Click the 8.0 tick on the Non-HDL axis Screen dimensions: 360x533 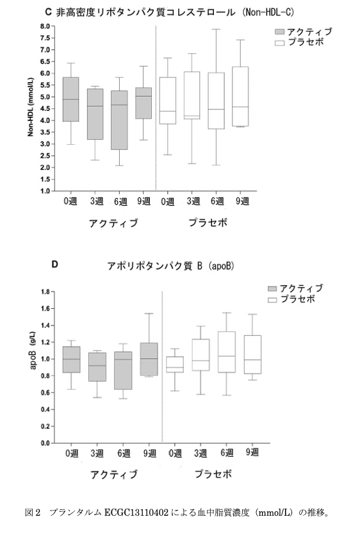45,26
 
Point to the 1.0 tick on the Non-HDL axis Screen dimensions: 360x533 45,191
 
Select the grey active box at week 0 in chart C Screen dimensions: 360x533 70,99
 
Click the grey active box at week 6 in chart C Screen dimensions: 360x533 119,120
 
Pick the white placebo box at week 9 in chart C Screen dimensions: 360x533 240,97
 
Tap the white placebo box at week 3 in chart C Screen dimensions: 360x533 192,95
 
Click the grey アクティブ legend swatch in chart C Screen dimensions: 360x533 279,31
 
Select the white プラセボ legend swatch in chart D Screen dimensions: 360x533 273,300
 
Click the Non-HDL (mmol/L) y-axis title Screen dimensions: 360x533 31,107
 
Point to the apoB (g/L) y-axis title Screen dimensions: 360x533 33,350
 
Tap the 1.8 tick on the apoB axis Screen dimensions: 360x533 45,291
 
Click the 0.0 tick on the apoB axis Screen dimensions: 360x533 45,443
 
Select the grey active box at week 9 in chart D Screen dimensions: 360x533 149,359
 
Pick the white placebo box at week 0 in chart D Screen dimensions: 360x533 175,365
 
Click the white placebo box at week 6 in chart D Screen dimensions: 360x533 227,352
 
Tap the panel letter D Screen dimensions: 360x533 54,264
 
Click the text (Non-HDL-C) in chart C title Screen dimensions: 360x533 268,12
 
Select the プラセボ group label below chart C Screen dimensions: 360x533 208,223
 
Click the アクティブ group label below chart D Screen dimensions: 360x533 114,474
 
